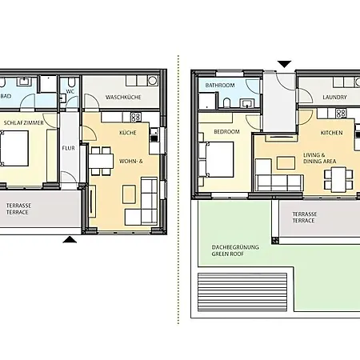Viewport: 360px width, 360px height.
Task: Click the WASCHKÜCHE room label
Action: (x=123, y=97)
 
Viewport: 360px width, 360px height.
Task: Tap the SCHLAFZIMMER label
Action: (x=23, y=123)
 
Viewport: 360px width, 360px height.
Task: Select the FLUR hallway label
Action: (x=68, y=148)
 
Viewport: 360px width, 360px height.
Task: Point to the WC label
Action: (x=70, y=91)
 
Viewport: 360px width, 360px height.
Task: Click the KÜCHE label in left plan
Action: (x=128, y=133)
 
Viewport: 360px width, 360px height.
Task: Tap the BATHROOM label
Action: (x=220, y=86)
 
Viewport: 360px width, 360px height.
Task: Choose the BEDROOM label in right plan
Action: (x=226, y=132)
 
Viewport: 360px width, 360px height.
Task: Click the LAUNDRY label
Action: (x=334, y=98)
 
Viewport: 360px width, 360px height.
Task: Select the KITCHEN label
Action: (x=331, y=133)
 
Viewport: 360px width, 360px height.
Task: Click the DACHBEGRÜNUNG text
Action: (x=235, y=247)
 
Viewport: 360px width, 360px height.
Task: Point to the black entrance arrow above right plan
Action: (x=285, y=64)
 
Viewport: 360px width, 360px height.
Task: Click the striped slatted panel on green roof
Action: (x=242, y=292)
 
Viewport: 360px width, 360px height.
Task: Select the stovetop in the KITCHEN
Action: (x=341, y=114)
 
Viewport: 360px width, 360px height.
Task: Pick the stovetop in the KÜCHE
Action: (x=136, y=117)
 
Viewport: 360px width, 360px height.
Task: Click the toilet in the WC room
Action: (x=71, y=82)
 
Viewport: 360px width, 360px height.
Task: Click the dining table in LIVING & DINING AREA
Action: (x=338, y=179)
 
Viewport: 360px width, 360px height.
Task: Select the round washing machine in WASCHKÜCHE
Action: (x=153, y=81)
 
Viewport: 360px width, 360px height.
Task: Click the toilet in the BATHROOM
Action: (x=226, y=102)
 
